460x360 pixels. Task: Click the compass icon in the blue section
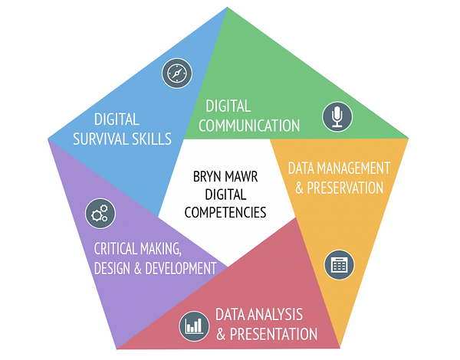[x=177, y=74]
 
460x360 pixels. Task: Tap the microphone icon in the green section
[x=337, y=116]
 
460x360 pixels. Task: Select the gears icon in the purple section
[x=100, y=214]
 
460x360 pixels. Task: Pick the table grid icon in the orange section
[x=339, y=265]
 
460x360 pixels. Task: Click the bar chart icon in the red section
[x=194, y=326]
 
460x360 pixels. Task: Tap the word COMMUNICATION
[x=249, y=126]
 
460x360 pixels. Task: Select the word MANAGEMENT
[x=353, y=169]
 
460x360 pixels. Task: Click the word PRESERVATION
[x=345, y=188]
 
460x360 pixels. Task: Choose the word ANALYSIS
[x=275, y=315]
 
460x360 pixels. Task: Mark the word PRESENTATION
[x=274, y=334]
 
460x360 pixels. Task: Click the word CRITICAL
[x=115, y=249]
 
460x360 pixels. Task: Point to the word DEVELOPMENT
[x=181, y=268]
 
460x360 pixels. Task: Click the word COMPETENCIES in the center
[x=225, y=212]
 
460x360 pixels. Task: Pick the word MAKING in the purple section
[x=160, y=249]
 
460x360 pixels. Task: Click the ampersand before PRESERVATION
[x=299, y=188]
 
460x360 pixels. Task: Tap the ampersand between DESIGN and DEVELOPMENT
[x=138, y=269]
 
